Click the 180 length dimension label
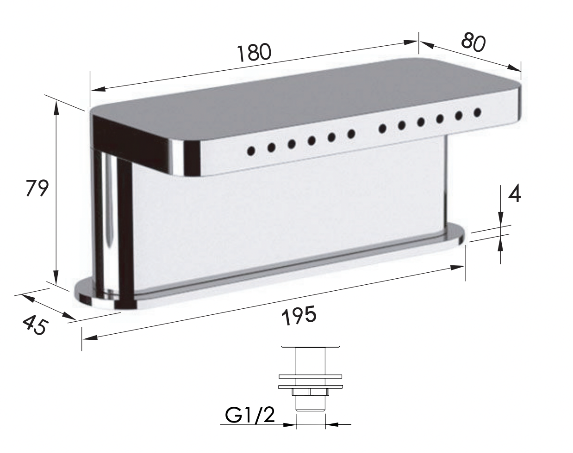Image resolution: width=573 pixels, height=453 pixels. pos(254,53)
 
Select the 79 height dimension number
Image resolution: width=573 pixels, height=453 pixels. pos(37,188)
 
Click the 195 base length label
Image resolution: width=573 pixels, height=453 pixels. pos(299,316)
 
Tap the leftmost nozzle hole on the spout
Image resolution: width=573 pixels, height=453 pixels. pos(251,151)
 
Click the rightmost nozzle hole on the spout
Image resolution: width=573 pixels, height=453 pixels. pos(477,112)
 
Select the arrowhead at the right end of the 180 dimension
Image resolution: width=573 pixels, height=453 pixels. pos(411,42)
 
